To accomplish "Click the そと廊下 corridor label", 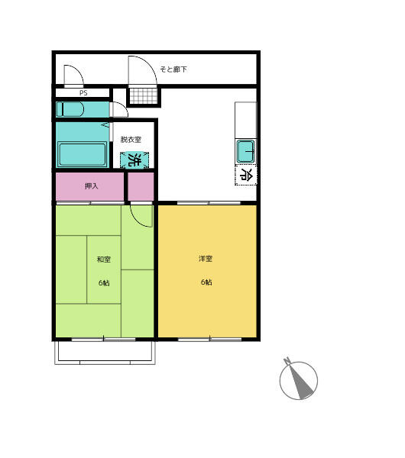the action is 173,69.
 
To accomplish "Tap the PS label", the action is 83,93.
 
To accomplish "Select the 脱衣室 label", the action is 131,140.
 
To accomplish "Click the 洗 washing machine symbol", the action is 134,160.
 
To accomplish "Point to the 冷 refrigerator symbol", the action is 246,175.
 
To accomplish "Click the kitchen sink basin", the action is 245,151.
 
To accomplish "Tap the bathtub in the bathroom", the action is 83,154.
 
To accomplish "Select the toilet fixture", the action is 70,109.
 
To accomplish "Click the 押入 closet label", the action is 91,185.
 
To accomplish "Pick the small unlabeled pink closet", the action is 141,186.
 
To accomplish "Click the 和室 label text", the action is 104,259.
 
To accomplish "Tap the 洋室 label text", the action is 206,259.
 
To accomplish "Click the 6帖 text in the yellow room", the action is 206,282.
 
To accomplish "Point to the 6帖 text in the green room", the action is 104,282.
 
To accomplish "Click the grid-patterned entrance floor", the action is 144,96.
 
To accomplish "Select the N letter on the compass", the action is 287,360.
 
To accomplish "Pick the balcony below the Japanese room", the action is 105,353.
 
